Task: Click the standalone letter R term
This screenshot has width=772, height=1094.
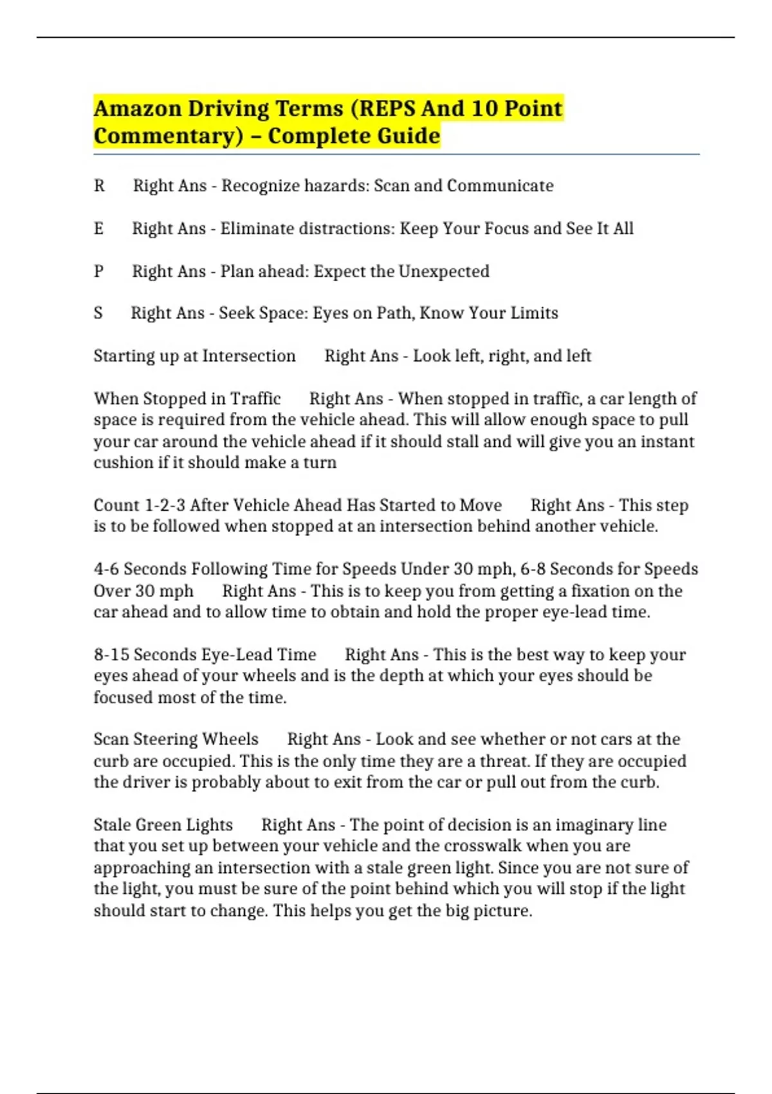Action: click(99, 186)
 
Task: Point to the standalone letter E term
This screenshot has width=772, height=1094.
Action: click(98, 228)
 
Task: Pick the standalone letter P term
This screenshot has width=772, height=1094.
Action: click(98, 271)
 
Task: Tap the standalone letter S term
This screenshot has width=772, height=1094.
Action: click(98, 313)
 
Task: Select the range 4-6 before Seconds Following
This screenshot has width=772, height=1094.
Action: click(106, 569)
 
